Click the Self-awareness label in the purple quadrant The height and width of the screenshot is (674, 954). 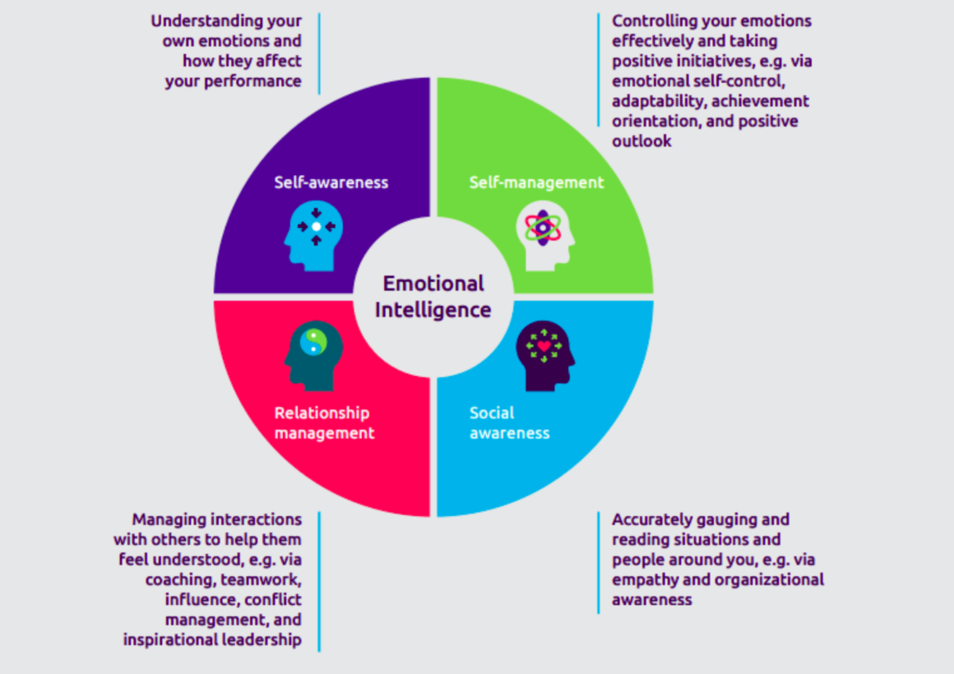click(331, 182)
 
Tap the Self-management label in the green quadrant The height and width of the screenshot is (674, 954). click(536, 182)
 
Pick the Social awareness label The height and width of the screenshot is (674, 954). click(509, 422)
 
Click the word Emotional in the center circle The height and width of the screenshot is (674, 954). click(433, 284)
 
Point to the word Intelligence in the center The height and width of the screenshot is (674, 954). click(433, 310)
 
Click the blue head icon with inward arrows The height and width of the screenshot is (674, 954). click(313, 235)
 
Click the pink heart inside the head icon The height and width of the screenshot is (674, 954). click(544, 346)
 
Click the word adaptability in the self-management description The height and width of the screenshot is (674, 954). click(657, 101)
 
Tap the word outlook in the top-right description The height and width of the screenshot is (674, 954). click(641, 141)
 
